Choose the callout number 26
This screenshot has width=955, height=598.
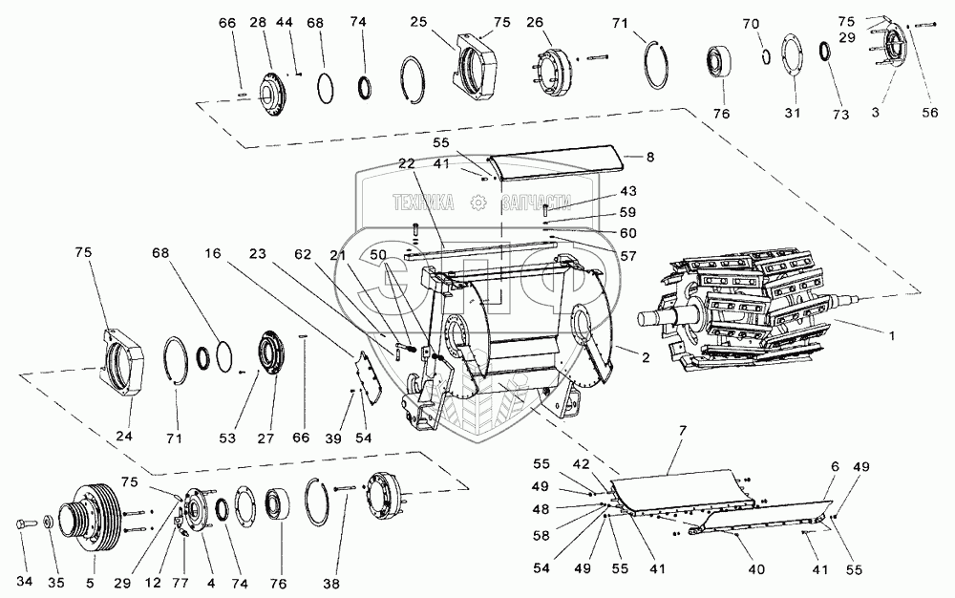pyautogui.click(x=534, y=22)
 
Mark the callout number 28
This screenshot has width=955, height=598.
pyautogui.click(x=258, y=22)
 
